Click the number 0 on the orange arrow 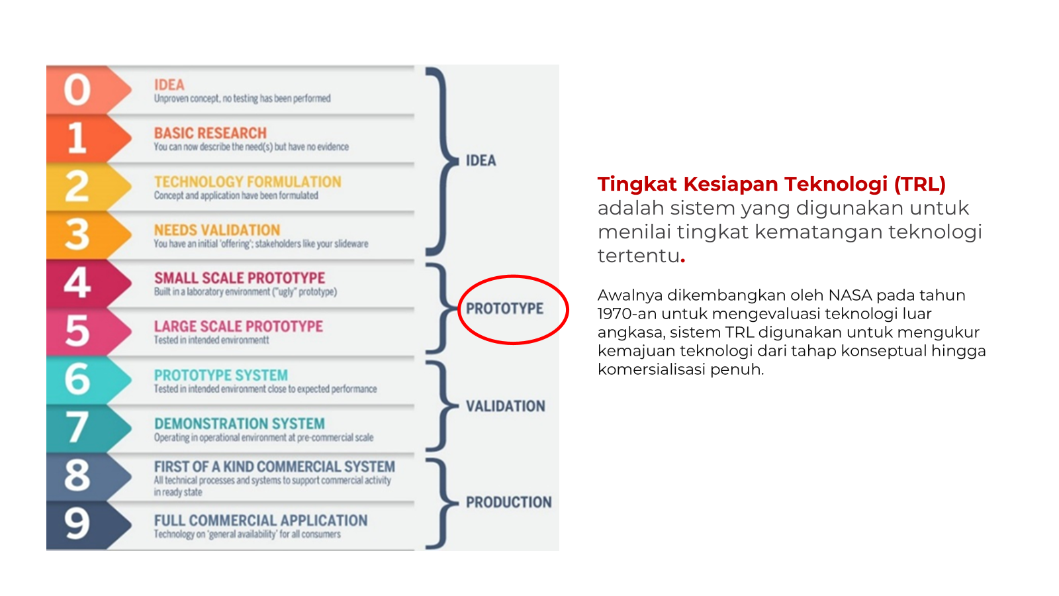coord(77,89)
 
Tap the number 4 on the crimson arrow coord(77,282)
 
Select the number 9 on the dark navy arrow coord(77,524)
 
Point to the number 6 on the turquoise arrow coord(77,379)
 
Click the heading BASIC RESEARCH coord(210,133)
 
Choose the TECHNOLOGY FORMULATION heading coord(248,181)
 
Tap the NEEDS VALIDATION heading coord(217,230)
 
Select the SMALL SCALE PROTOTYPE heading coord(240,277)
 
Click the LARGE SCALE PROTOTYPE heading coord(239,326)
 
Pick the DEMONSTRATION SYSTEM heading coord(240,423)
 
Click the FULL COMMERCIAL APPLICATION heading coord(261,521)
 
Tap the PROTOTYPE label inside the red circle coord(504,309)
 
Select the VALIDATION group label coord(506,406)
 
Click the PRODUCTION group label coord(509,502)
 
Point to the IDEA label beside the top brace coord(481,161)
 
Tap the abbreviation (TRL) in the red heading coord(919,185)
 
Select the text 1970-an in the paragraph coord(627,314)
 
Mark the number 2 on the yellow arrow coord(77,186)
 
